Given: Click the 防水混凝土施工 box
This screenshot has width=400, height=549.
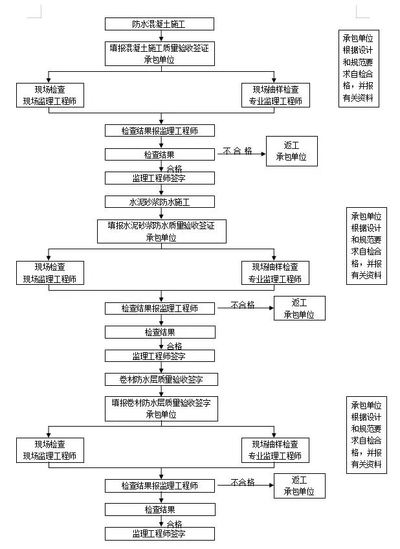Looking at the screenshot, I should pyautogui.click(x=159, y=24).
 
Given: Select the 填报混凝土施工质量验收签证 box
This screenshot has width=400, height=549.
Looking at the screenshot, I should pyautogui.click(x=160, y=53).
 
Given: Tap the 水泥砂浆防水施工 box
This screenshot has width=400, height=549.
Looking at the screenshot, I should pyautogui.click(x=159, y=201).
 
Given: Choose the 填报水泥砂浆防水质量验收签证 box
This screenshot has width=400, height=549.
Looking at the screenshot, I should pyautogui.click(x=161, y=231).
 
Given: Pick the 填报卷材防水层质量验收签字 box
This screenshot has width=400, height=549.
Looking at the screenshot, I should pyautogui.click(x=161, y=409).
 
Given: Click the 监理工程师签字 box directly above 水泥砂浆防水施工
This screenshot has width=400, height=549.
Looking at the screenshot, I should pyautogui.click(x=159, y=177).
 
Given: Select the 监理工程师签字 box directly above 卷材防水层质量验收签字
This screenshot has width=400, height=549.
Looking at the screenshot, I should pyautogui.click(x=159, y=355).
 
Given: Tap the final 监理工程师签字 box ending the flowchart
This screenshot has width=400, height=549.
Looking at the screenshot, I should pyautogui.click(x=159, y=533).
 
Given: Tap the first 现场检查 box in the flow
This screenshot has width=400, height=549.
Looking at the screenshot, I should pyautogui.click(x=49, y=95).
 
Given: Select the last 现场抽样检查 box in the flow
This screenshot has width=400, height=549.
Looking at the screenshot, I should pyautogui.click(x=275, y=450).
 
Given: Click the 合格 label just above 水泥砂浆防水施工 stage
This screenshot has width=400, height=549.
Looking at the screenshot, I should pyautogui.click(x=174, y=168).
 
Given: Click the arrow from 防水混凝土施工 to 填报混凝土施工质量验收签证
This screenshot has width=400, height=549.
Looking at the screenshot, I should pyautogui.click(x=160, y=36).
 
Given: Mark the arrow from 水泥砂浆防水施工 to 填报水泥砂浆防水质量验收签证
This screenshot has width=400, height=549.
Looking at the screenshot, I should pyautogui.click(x=160, y=213).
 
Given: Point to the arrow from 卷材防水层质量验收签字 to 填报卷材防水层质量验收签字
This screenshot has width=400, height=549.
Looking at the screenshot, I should pyautogui.click(x=160, y=391).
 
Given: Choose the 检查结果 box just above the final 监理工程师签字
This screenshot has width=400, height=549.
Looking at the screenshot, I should pyautogui.click(x=159, y=510).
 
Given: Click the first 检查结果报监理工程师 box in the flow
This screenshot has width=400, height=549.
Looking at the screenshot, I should pyautogui.click(x=159, y=130).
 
